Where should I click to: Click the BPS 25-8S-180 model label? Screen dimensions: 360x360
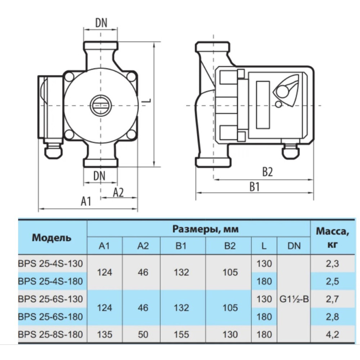click(50, 334)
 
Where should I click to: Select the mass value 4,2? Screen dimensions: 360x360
click(332, 334)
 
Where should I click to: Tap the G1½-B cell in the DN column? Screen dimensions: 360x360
click(294, 299)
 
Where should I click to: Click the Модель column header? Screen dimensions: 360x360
click(51, 238)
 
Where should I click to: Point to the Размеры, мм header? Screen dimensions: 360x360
click(206, 229)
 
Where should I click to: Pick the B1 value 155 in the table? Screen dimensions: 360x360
click(181, 334)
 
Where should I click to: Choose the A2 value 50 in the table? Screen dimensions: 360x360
click(143, 334)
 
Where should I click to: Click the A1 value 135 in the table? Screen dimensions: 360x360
click(105, 334)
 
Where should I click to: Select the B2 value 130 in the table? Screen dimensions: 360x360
click(230, 334)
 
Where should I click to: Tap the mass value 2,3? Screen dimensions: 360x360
click(332, 264)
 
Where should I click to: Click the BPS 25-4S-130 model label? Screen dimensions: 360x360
click(50, 264)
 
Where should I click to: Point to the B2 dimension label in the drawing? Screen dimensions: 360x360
click(267, 171)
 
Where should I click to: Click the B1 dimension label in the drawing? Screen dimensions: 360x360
click(255, 186)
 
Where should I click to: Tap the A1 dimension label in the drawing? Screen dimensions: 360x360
click(86, 201)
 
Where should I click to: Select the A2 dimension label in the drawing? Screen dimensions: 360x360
click(118, 192)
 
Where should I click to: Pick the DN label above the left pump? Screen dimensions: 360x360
click(101, 23)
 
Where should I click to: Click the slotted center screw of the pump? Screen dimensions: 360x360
click(100, 105)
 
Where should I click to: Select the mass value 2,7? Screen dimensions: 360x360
click(332, 299)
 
